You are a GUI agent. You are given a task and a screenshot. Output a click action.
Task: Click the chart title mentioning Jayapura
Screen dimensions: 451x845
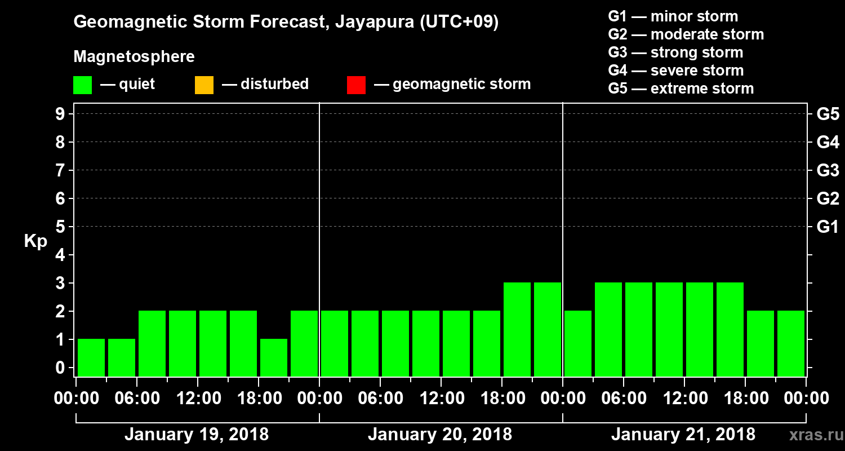tap(286, 23)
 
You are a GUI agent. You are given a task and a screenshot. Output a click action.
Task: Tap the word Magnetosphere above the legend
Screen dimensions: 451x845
tap(134, 57)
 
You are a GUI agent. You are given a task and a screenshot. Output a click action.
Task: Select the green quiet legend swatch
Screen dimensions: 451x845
tap(82, 85)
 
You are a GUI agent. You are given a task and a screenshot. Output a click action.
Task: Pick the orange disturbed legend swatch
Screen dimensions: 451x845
tap(204, 85)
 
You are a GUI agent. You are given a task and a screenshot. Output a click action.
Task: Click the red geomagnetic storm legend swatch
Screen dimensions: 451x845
tap(356, 85)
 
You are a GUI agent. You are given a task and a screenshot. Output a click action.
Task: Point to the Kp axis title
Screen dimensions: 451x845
tap(35, 241)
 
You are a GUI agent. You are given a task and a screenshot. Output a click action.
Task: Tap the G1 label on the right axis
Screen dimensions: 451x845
tap(828, 227)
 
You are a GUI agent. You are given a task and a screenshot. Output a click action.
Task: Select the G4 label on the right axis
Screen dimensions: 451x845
tap(828, 142)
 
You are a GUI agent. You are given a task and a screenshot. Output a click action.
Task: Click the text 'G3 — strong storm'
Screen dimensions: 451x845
tap(675, 52)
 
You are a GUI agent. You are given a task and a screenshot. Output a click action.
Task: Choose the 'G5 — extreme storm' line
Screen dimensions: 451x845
tap(681, 89)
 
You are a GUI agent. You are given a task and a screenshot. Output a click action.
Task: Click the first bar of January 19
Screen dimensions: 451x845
tap(91, 357)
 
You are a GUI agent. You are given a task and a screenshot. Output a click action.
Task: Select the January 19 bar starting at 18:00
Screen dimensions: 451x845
tap(274, 357)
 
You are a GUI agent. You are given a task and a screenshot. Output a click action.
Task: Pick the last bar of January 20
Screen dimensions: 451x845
tap(548, 329)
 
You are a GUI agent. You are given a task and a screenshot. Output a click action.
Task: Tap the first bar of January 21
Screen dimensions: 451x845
tap(578, 343)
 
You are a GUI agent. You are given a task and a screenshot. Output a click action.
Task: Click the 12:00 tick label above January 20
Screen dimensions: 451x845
tap(441, 399)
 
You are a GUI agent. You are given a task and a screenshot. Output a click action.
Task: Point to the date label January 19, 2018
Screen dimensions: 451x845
tap(197, 435)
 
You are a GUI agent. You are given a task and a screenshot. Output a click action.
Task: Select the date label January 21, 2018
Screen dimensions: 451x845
tap(683, 435)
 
